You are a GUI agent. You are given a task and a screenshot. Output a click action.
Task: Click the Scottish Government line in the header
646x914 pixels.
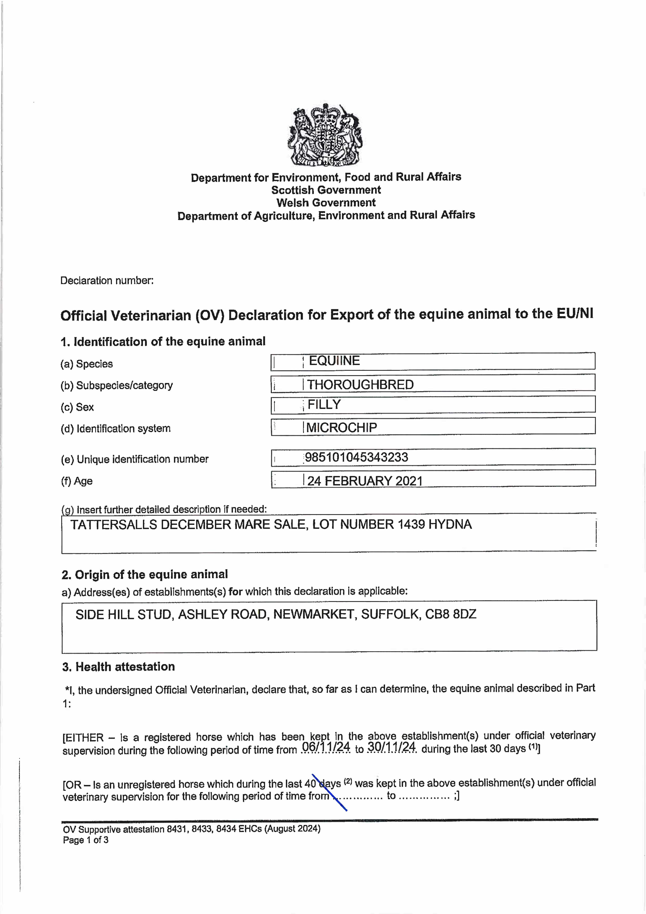tap(326, 190)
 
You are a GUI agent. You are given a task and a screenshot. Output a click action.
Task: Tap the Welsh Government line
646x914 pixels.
tap(326, 203)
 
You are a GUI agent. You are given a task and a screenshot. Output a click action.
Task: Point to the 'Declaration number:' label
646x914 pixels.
tap(107, 281)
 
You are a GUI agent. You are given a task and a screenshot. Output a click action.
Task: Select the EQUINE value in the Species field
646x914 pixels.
tap(334, 361)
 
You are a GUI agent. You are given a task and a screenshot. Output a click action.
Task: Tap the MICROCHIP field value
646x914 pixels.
tap(341, 428)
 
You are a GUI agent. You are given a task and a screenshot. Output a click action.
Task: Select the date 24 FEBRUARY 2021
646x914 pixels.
tap(365, 481)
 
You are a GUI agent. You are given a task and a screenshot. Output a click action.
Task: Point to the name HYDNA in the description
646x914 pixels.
tap(450, 524)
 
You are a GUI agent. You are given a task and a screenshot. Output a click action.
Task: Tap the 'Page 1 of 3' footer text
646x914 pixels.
tap(86, 840)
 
